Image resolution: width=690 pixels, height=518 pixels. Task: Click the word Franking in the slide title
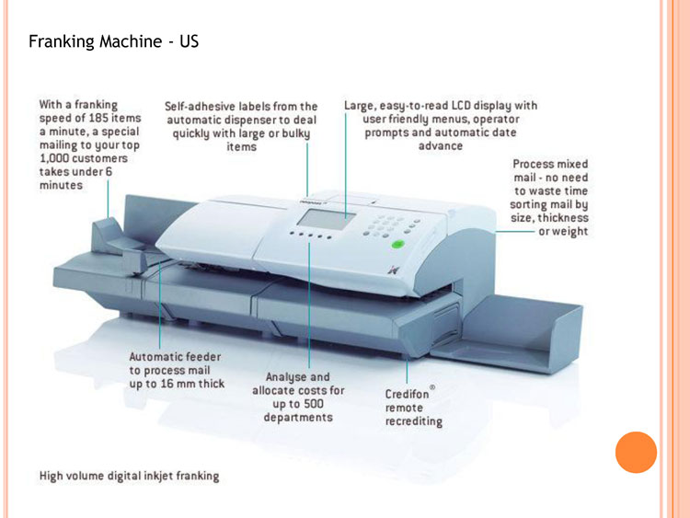pyautogui.click(x=60, y=42)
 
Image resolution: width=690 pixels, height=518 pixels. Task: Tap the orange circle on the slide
pyautogui.click(x=636, y=453)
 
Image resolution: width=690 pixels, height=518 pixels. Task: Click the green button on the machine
pyautogui.click(x=397, y=246)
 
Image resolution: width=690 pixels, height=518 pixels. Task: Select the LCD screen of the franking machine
pyautogui.click(x=322, y=221)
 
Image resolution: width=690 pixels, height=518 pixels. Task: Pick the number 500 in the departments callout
pyautogui.click(x=316, y=405)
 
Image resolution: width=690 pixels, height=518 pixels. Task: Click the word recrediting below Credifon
pyautogui.click(x=413, y=422)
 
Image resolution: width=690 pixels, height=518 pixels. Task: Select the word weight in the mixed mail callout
pyautogui.click(x=569, y=232)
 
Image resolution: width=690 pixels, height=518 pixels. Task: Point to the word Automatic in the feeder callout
pyautogui.click(x=160, y=356)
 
